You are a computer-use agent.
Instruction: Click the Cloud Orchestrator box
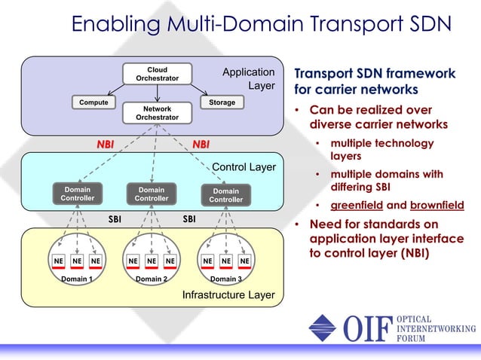coord(157,74)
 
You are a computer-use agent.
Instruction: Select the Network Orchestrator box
coord(157,113)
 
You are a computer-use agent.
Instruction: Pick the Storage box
coord(222,102)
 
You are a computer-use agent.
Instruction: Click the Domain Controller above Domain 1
coord(77,194)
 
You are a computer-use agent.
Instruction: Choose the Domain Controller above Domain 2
coord(152,194)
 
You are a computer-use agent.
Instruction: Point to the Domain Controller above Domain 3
coord(225,195)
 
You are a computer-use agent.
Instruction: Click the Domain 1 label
coord(76,279)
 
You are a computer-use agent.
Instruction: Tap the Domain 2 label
coord(151,279)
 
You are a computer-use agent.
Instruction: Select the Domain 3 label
coord(225,279)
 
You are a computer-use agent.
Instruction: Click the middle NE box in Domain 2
coord(152,261)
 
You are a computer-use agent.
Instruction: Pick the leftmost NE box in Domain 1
coord(58,261)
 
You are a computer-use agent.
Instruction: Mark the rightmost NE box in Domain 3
coord(244,261)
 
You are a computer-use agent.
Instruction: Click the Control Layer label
coord(244,166)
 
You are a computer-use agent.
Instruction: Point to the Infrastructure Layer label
coord(228,294)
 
